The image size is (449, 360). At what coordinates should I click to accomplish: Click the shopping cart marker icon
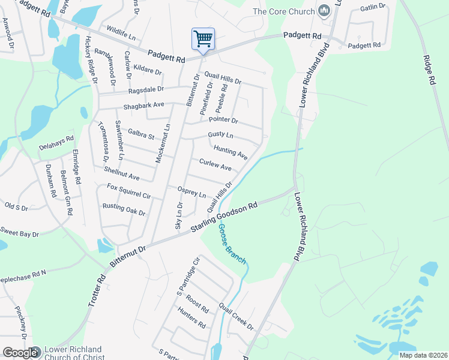tap(203, 39)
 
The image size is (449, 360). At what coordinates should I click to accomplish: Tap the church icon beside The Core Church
tap(325, 10)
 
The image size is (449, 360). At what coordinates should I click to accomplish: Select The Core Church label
tap(284, 11)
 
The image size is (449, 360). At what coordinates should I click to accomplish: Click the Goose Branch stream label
tap(231, 244)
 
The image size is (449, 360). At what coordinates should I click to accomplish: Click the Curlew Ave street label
tap(215, 165)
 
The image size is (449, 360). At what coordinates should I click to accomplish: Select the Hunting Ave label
tap(231, 151)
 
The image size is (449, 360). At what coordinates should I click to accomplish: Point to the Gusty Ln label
tap(220, 135)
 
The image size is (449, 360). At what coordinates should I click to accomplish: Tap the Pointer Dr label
tap(223, 120)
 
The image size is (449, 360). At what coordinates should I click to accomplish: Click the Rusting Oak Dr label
tap(124, 209)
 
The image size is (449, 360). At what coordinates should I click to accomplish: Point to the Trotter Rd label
tap(97, 292)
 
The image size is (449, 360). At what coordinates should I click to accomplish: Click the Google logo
tap(20, 353)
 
